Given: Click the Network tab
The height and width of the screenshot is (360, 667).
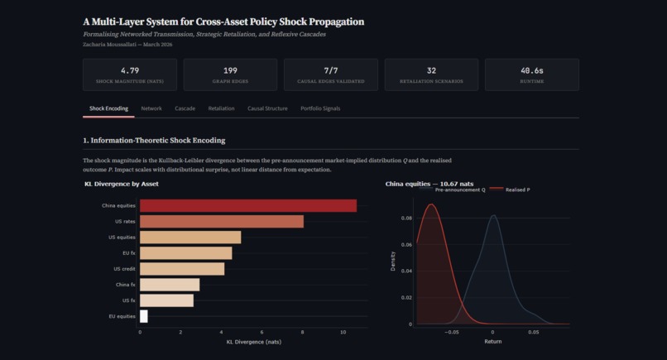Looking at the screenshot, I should [x=151, y=108].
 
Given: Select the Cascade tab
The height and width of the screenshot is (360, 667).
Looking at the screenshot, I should [x=185, y=108].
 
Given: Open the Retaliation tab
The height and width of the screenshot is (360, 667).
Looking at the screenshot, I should [x=221, y=108].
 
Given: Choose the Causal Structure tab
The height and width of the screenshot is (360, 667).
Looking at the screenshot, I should [x=267, y=108].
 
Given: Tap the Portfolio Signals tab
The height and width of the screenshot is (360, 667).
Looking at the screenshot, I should [x=320, y=108].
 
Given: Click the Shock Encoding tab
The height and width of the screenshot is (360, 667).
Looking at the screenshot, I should [x=108, y=108].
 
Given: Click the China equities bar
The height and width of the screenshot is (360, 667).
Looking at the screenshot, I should [x=247, y=205].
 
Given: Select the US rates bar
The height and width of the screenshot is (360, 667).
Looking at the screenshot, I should [x=221, y=221].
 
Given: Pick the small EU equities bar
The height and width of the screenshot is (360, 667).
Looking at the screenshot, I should [x=144, y=316].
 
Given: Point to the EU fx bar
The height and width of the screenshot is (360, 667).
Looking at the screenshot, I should [x=185, y=253].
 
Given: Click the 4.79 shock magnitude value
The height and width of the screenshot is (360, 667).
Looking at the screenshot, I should [x=129, y=71].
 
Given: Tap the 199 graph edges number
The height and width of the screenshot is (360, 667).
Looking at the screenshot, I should [x=230, y=71].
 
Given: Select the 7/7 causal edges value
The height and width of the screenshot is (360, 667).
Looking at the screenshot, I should [x=330, y=71].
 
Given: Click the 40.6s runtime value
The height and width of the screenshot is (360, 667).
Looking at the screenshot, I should [x=531, y=71].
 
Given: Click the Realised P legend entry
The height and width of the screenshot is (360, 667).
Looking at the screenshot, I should [x=514, y=190].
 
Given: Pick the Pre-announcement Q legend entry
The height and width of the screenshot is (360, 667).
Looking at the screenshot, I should [x=456, y=190].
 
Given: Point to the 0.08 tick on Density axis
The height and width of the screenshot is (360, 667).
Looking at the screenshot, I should [x=407, y=218].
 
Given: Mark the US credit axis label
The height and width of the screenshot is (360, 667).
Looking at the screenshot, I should [x=124, y=269].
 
